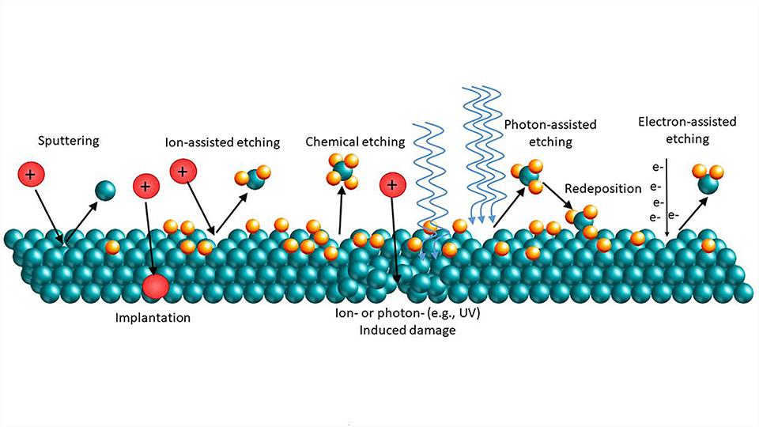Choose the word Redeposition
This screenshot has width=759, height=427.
click(603, 191)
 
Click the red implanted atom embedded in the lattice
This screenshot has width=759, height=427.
click(157, 286)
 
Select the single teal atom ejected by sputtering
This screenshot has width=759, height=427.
click(104, 191)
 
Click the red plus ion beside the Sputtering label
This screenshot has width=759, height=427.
click(29, 174)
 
